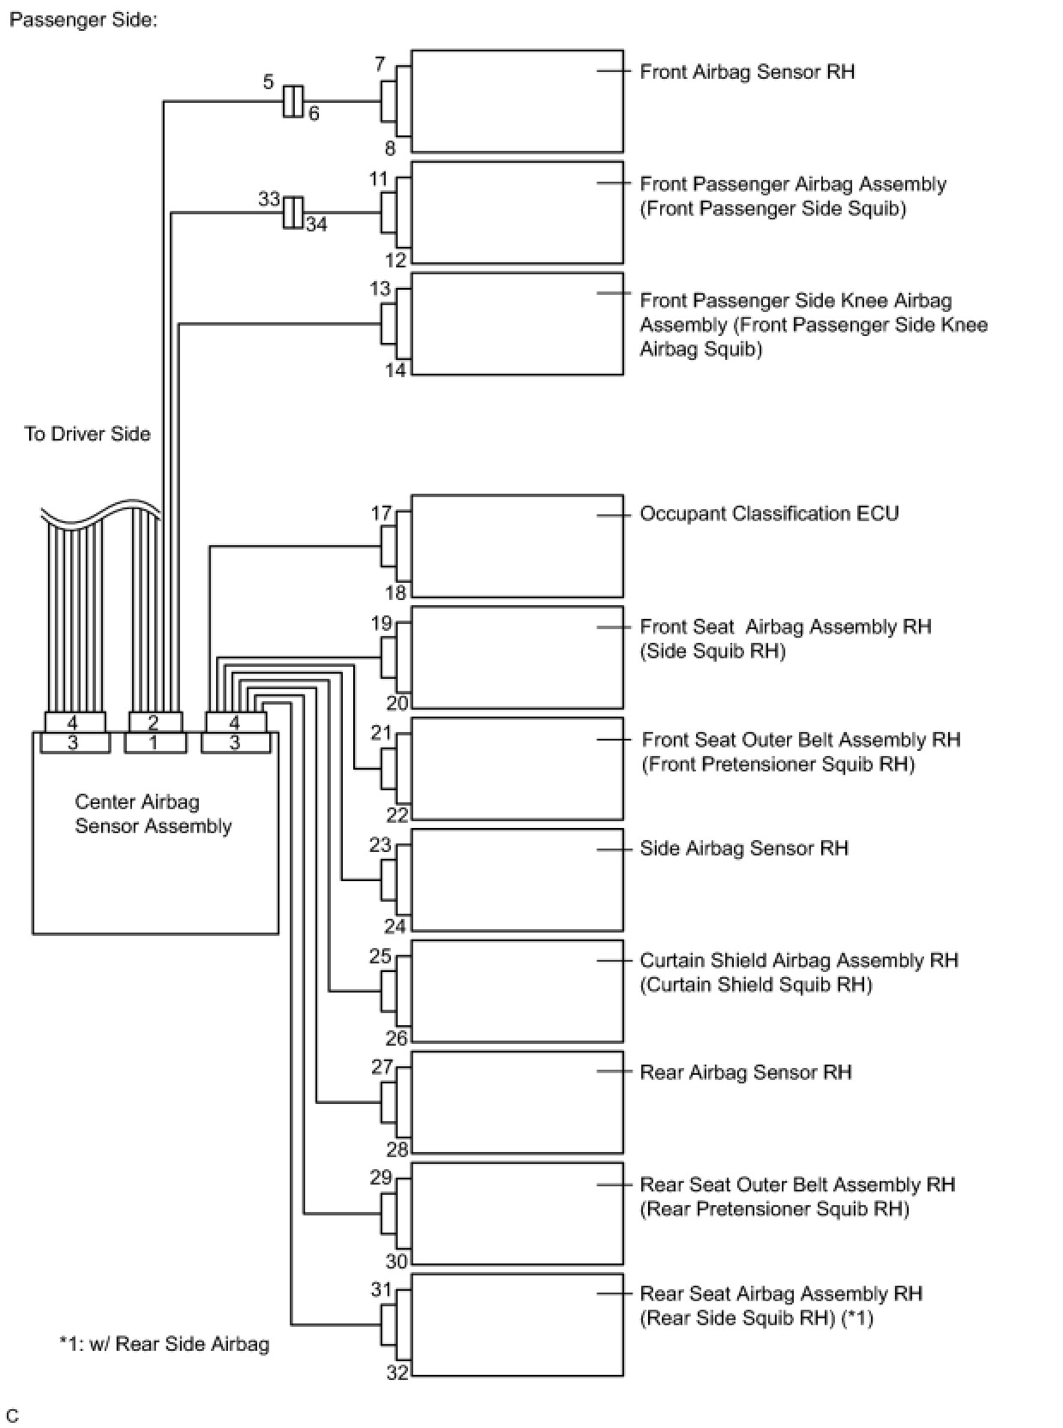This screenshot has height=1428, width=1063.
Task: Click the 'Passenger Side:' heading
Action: point(83,20)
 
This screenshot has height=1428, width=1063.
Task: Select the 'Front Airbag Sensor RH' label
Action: point(747,72)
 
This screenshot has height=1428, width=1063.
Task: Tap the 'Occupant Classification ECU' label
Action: point(769,514)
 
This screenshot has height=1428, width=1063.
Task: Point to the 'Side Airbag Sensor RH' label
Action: point(743,849)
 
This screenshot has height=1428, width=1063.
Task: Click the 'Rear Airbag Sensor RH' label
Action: point(745,1072)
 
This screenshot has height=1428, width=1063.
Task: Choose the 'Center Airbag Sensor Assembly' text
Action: point(153,814)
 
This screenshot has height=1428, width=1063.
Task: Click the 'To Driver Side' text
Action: point(87,435)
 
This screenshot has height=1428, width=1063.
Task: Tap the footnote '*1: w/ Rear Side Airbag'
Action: point(164,1344)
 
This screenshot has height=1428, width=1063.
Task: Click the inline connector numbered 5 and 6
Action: point(292,101)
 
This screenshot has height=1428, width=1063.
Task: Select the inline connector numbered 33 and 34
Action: point(292,213)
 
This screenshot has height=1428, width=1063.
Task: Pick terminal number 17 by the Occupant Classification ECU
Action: point(381,513)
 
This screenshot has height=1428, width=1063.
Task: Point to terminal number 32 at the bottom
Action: point(396,1372)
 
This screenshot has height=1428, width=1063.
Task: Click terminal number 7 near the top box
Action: point(380,64)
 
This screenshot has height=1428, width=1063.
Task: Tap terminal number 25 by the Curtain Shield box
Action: point(380,957)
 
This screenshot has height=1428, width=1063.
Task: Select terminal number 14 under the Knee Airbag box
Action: point(395,370)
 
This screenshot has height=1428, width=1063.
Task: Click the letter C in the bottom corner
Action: point(13,1415)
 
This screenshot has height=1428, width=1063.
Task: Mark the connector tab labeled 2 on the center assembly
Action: point(154,723)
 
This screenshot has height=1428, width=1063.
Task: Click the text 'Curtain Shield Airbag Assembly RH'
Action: point(798,961)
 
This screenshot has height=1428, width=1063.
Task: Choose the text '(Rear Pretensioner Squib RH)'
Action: point(774,1209)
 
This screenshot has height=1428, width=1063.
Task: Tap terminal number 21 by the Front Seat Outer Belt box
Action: point(381,733)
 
